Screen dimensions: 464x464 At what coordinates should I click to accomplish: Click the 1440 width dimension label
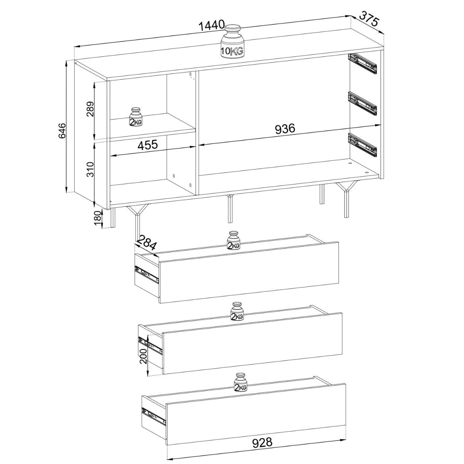(x=212, y=25)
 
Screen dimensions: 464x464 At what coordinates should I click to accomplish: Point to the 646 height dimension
(x=62, y=131)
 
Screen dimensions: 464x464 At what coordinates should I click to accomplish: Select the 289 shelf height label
(x=90, y=109)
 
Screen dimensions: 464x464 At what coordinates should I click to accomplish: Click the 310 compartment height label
(x=90, y=169)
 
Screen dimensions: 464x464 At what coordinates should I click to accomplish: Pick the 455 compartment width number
(x=148, y=145)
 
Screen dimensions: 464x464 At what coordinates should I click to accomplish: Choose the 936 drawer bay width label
(x=285, y=129)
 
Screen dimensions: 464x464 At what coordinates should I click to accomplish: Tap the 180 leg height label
(x=97, y=218)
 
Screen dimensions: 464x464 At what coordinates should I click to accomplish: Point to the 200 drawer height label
(x=143, y=359)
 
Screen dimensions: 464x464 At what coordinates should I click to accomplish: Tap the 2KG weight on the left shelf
(x=136, y=117)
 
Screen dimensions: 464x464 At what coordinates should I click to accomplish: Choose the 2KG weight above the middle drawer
(x=237, y=311)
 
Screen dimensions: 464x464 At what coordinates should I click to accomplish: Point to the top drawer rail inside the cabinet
(x=362, y=63)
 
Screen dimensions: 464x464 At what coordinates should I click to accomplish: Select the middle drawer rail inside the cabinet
(x=362, y=103)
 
